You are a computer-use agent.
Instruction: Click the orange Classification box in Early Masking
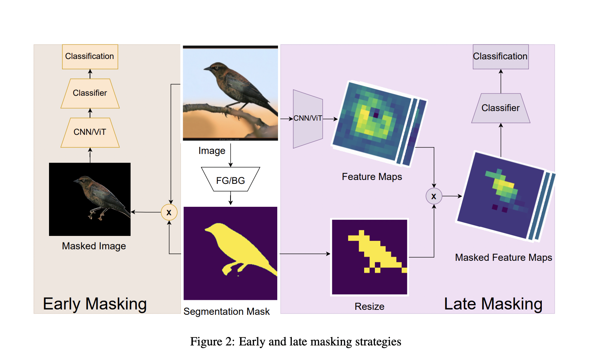coord(90,57)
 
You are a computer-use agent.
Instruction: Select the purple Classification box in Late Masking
coord(500,57)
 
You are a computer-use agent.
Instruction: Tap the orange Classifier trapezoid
coord(90,93)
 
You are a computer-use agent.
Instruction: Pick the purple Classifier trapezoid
coord(500,108)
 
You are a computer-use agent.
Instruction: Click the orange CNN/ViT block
coord(90,133)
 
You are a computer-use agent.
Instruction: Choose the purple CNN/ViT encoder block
coord(307,119)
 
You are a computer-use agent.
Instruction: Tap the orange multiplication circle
coord(169,212)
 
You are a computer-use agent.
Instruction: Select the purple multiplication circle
coord(434,196)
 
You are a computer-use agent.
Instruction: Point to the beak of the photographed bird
coord(206,69)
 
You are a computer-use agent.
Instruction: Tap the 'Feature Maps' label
coord(372,177)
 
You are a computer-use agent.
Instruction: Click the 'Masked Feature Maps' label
coord(503,257)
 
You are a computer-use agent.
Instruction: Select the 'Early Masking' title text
coord(95,304)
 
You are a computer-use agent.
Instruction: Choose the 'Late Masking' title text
coord(493,304)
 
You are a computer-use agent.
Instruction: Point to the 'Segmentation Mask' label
coord(226,311)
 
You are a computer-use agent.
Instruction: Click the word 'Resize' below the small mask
coord(369,306)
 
